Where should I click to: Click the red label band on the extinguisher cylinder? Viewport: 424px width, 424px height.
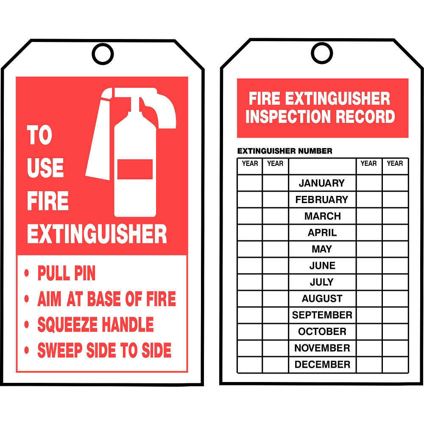tap(135, 169)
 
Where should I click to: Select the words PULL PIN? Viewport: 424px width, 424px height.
tap(67, 273)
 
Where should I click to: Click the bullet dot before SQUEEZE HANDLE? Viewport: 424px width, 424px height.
tap(26, 324)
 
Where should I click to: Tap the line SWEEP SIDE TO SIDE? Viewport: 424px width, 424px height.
tap(104, 350)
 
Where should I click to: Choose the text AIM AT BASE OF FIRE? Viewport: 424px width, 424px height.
tap(107, 299)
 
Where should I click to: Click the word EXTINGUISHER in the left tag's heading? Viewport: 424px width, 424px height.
tap(97, 234)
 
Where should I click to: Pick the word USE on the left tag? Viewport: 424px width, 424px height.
tap(45, 167)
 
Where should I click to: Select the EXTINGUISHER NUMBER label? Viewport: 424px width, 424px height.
tap(285, 151)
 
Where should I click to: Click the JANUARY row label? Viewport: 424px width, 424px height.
tap(322, 183)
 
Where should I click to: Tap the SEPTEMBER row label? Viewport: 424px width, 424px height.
tap(322, 315)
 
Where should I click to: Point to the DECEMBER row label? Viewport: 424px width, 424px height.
tap(322, 365)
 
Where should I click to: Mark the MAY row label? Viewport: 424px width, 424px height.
tap(322, 249)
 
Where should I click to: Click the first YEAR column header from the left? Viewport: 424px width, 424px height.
tap(250, 164)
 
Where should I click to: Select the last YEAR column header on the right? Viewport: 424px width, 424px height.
tap(395, 164)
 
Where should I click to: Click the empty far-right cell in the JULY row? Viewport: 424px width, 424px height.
tap(395, 282)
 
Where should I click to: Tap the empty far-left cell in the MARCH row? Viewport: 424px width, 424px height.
tap(250, 216)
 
